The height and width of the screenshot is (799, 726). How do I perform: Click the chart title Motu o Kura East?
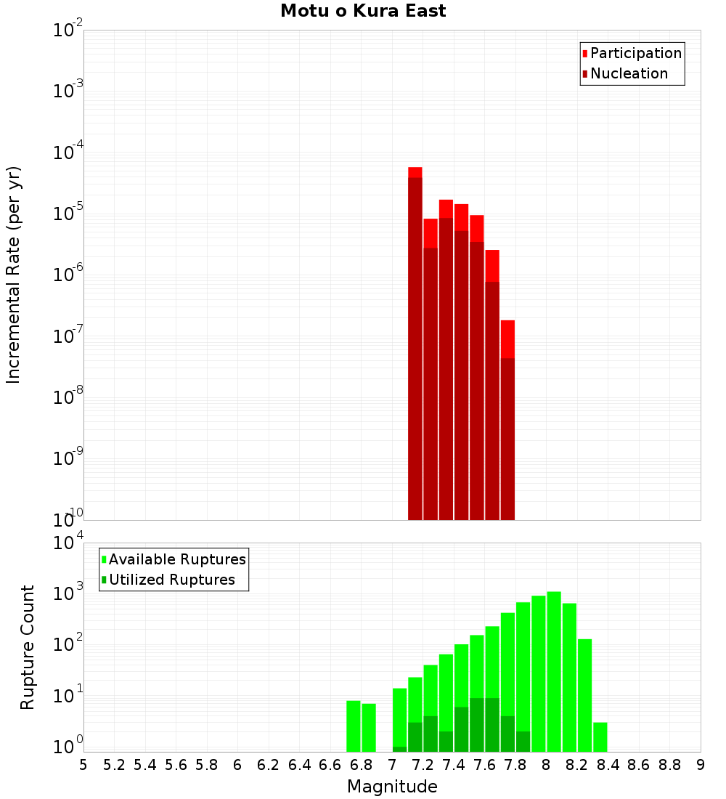tap(363, 11)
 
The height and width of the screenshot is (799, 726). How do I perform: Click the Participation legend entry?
tap(635, 53)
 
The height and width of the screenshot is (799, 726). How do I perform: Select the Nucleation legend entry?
tap(628, 73)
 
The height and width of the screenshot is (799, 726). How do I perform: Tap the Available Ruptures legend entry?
tap(176, 559)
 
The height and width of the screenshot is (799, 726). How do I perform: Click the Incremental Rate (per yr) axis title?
tap(13, 275)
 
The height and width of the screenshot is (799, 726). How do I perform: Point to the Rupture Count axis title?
tap(28, 646)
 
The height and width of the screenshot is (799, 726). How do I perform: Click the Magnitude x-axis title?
tap(392, 786)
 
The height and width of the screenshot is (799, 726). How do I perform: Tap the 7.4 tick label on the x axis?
tap(454, 765)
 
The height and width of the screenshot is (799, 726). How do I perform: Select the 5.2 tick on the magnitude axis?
tap(114, 765)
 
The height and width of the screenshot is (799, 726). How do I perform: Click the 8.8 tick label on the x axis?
tap(669, 765)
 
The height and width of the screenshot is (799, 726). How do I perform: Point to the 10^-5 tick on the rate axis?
tap(68, 214)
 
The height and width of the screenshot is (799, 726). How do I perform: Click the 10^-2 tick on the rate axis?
tap(68, 31)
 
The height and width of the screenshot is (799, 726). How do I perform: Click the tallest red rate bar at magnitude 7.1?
tap(415, 341)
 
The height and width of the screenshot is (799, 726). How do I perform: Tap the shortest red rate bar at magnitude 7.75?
tap(507, 421)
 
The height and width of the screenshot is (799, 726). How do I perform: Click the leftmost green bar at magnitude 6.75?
tap(354, 726)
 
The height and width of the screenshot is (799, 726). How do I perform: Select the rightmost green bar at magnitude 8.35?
tap(600, 737)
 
